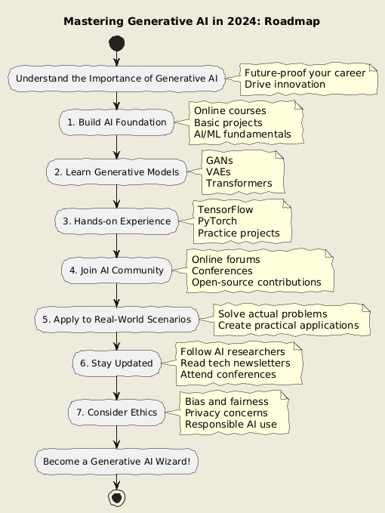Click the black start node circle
pos(117,43)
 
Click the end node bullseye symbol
pos(117,498)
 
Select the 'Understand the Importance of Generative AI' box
pos(117,79)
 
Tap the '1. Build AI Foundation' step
pos(117,122)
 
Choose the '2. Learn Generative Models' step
pos(117,172)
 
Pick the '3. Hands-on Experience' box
pos(117,221)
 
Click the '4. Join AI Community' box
pos(117,270)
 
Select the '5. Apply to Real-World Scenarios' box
pos(117,320)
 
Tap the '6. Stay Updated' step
pos(117,363)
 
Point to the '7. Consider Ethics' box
pos(117,413)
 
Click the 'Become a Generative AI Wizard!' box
pos(117,462)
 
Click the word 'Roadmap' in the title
pos(292,22)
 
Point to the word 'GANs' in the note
pos(220,161)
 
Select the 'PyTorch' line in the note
pos(217,221)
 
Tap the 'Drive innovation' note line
pos(285,85)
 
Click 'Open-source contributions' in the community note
pos(257,283)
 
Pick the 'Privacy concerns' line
pos(226,413)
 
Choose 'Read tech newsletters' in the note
pos(236,363)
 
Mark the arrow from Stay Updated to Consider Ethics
pos(117,388)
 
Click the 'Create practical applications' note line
pos(288,326)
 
